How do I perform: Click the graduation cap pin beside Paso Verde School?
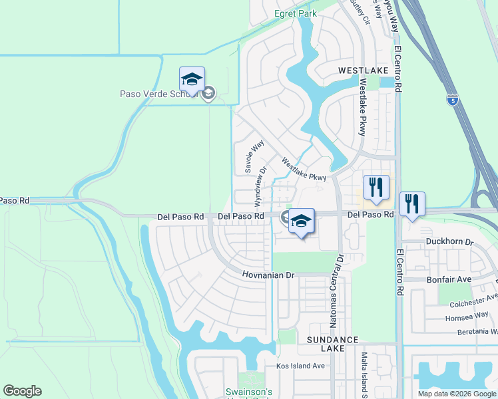[x=192, y=80]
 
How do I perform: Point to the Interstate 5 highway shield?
[x=453, y=100]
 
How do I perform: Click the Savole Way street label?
[x=255, y=156]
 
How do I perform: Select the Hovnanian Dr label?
[x=268, y=275]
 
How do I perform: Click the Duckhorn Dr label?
[x=450, y=243]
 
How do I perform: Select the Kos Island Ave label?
[x=300, y=366]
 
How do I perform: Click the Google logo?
[x=22, y=391]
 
